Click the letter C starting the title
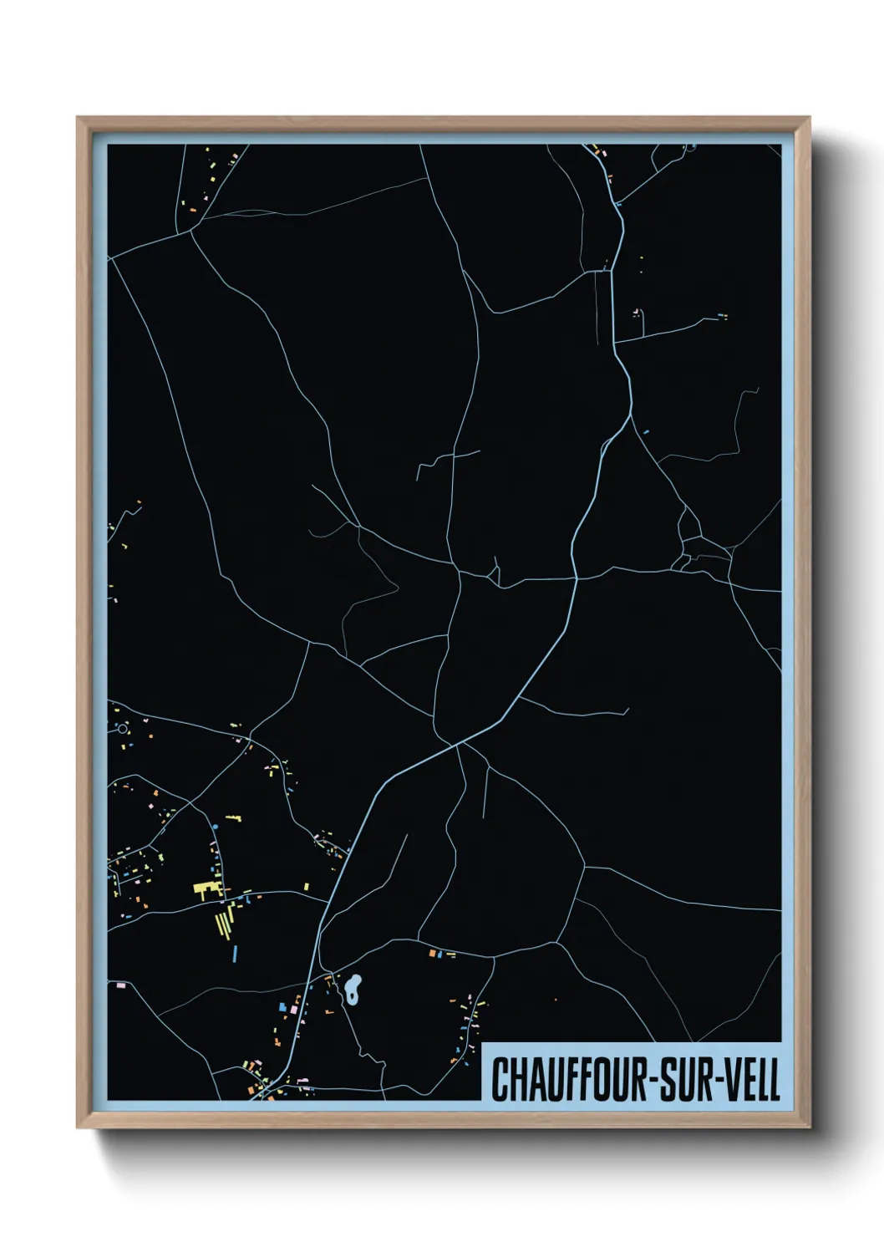pyautogui.click(x=500, y=1080)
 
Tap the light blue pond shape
pyautogui.click(x=353, y=990)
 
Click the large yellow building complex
pyautogui.click(x=206, y=890)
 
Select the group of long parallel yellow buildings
pyautogui.click(x=224, y=923)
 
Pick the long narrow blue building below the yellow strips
pyautogui.click(x=236, y=952)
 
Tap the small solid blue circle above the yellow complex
pyautogui.click(x=215, y=827)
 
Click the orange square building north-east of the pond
pyautogui.click(x=432, y=953)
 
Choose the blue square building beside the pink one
pyautogui.click(x=283, y=1005)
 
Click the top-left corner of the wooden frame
pyautogui.click(x=78, y=118)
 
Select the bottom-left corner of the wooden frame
pyautogui.click(x=78, y=1128)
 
